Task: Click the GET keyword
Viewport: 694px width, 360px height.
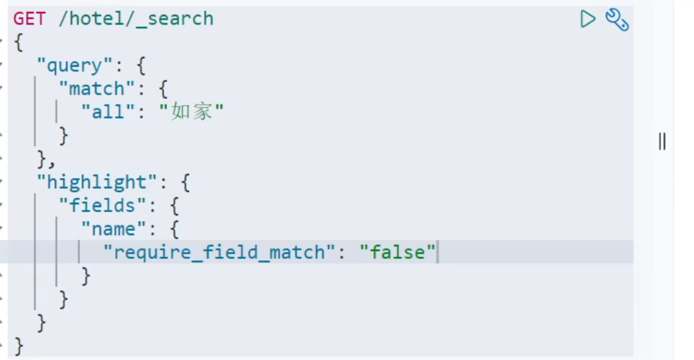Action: click(x=29, y=18)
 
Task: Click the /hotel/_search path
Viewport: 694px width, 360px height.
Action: click(x=135, y=18)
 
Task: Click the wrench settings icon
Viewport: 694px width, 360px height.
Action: click(x=617, y=20)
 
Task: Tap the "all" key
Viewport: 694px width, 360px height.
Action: click(x=108, y=112)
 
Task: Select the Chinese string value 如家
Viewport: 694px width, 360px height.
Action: click(x=192, y=112)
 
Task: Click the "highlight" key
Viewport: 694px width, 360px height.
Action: click(x=98, y=182)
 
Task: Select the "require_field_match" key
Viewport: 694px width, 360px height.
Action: click(x=215, y=252)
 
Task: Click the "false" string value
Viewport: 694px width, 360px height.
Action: click(x=397, y=252)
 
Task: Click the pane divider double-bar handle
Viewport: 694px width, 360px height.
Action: click(x=662, y=142)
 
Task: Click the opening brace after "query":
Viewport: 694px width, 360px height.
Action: click(x=140, y=66)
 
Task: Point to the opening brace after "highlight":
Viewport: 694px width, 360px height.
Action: click(x=185, y=183)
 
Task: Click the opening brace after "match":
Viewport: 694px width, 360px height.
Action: click(x=163, y=89)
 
